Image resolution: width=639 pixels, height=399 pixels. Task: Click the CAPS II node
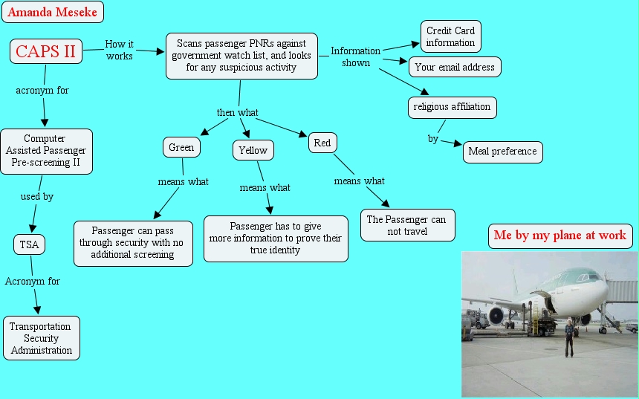click(46, 51)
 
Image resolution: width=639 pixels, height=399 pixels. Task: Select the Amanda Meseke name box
click(53, 12)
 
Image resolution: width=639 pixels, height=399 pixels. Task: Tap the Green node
click(181, 147)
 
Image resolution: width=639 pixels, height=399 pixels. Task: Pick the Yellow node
click(253, 150)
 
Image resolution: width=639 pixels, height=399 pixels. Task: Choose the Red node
click(322, 143)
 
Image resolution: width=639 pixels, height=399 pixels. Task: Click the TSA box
click(29, 244)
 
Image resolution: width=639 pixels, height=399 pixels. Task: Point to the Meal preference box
click(502, 152)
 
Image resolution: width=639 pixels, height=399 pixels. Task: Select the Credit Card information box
click(451, 36)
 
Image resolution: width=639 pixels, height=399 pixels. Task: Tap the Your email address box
click(455, 68)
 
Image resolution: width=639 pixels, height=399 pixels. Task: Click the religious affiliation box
click(452, 107)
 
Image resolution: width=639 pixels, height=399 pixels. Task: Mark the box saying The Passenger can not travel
click(407, 225)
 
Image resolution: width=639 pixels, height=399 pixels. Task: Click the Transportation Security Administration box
click(42, 338)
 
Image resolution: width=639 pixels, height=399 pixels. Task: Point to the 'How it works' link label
click(120, 50)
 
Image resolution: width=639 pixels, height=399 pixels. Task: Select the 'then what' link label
click(237, 112)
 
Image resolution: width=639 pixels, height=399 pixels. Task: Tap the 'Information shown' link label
click(355, 56)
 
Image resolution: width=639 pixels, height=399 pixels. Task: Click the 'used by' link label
click(37, 196)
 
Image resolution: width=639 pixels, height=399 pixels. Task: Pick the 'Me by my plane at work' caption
click(560, 236)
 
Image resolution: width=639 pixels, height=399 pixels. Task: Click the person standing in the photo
click(569, 338)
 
